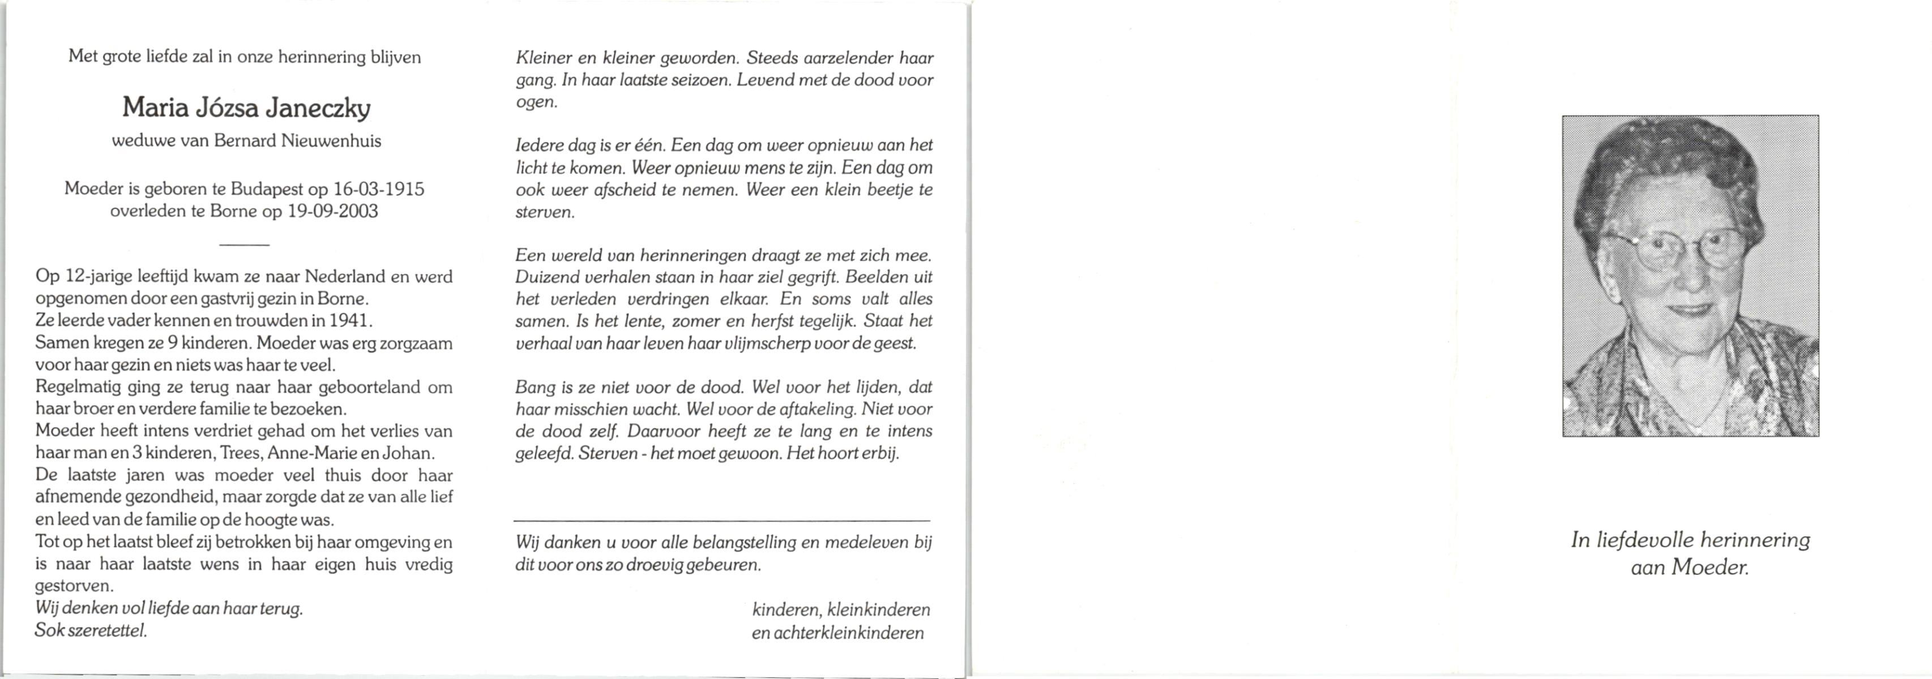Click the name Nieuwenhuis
click(331, 141)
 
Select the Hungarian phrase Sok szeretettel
click(91, 630)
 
